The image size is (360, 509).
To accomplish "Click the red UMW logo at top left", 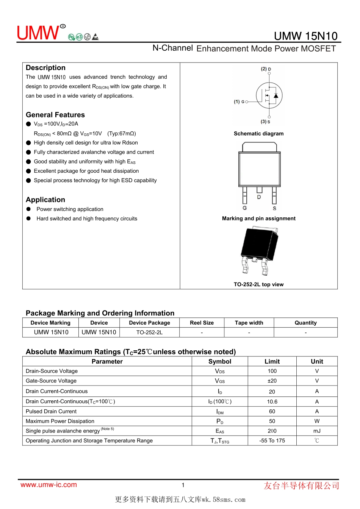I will tap(38, 33).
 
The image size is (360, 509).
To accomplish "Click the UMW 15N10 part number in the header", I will tap(305, 36).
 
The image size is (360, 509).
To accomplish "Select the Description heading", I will tap(45, 68).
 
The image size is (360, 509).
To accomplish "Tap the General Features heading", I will tap(55, 115).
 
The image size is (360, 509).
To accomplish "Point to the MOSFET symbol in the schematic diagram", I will tap(269, 95).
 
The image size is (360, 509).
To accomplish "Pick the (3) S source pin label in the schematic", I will tap(265, 122).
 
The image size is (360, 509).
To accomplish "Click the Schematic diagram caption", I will tap(258, 134).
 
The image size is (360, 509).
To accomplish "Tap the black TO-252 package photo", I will tap(259, 250).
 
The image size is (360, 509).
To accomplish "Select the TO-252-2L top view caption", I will tap(258, 284).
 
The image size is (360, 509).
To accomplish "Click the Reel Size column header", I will tap(202, 323).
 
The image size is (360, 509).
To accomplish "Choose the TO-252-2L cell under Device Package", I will tap(149, 333).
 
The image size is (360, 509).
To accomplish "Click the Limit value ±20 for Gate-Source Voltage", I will tap(272, 381).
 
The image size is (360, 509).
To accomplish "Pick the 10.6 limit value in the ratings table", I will tap(272, 401).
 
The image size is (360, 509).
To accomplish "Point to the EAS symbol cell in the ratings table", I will tap(220, 431).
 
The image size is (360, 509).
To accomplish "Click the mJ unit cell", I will tap(317, 431).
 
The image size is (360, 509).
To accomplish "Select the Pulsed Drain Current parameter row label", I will tap(51, 411).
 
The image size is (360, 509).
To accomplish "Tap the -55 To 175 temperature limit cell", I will tap(272, 441).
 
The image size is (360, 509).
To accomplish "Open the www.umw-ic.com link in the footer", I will tap(49, 485).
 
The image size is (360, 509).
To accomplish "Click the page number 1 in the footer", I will tap(183, 485).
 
